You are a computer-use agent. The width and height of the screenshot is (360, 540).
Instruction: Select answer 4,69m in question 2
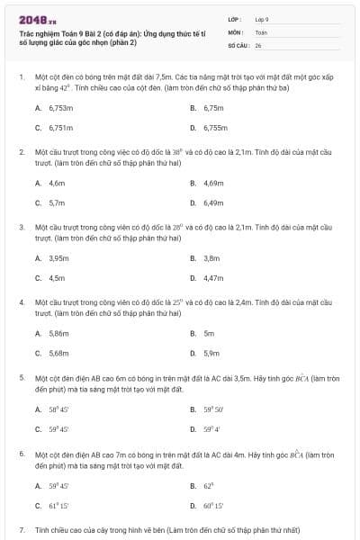click(212, 183)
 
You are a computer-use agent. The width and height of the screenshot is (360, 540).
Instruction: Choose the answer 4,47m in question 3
click(212, 279)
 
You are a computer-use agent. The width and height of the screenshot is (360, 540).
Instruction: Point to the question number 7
click(22, 532)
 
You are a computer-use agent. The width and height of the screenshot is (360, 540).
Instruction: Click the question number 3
click(22, 228)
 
